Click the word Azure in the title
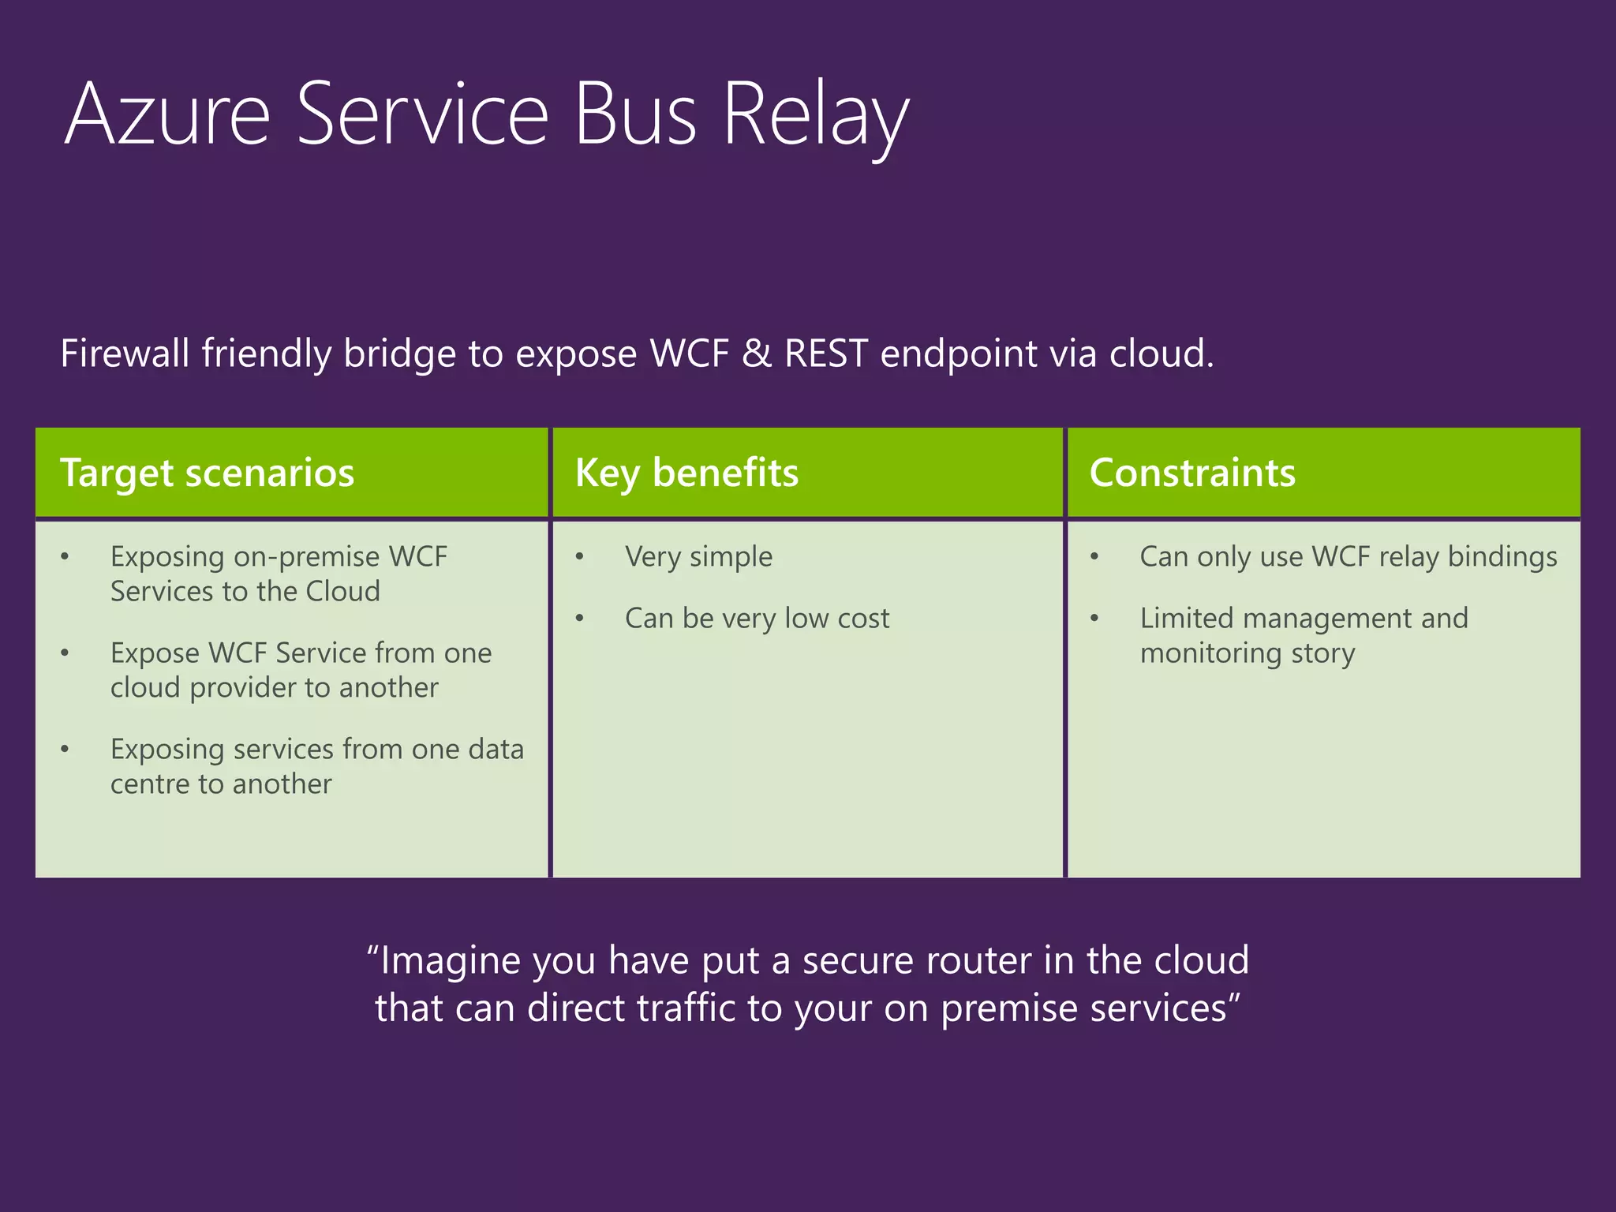167,114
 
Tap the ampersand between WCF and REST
756,353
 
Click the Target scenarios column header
207,473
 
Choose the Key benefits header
686,473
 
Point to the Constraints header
1191,473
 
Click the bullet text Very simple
698,557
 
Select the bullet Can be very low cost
757,619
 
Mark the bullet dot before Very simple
579,557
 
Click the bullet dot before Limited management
1094,619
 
